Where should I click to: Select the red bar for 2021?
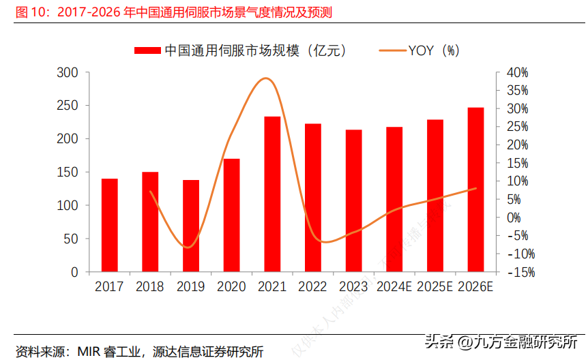[x=272, y=194]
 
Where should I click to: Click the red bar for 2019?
[x=191, y=226]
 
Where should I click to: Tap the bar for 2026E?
[x=475, y=190]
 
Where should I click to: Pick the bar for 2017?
[x=110, y=225]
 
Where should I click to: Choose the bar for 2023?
[x=353, y=200]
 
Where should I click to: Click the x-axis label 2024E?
[x=395, y=286]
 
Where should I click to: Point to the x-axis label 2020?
[x=232, y=286]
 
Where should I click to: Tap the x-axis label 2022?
[x=313, y=286]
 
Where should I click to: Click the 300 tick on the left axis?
[x=70, y=72]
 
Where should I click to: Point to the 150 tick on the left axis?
[x=70, y=172]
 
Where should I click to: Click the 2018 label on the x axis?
[x=150, y=286]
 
